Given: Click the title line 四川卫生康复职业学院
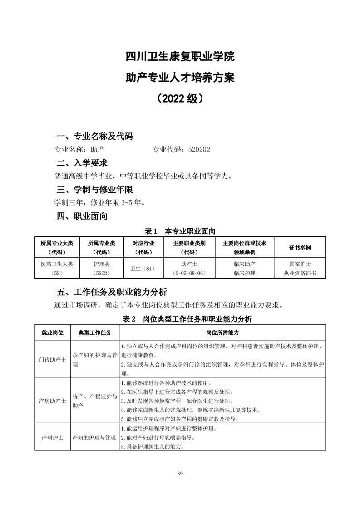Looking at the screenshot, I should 180,58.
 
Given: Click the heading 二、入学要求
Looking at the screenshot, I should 82,163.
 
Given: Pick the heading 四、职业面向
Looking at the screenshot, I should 82,216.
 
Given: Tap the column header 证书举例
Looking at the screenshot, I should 300,248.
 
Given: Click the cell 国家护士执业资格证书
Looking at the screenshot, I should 300,269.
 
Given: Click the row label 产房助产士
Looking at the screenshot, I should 52,401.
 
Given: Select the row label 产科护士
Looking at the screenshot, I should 52,438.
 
